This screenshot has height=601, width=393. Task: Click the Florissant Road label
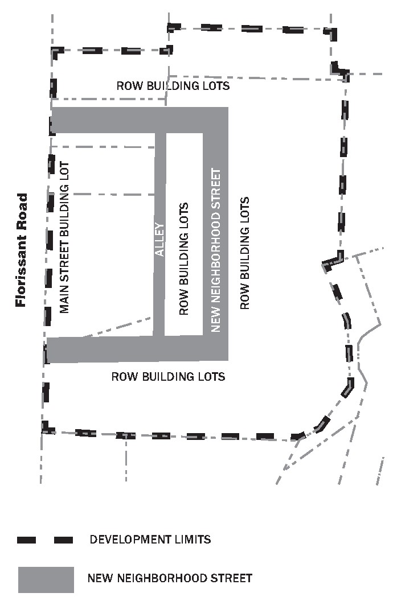tap(21, 250)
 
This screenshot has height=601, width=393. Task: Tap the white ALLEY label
tap(160, 239)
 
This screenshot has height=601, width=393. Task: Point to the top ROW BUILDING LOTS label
tap(173, 86)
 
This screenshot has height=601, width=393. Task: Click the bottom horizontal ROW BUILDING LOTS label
tap(168, 377)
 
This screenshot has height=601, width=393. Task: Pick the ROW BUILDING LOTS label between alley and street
tap(183, 258)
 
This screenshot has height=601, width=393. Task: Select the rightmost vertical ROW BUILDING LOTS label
tap(245, 253)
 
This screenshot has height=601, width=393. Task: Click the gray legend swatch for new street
tap(46, 579)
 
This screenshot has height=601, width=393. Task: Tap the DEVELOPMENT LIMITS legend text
tap(150, 539)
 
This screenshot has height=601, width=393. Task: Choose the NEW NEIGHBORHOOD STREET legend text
tap(170, 579)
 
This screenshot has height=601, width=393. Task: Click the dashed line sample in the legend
tap(46, 540)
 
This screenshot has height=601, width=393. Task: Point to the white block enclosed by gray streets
tap(183, 234)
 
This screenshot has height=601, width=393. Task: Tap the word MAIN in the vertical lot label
tap(64, 301)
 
